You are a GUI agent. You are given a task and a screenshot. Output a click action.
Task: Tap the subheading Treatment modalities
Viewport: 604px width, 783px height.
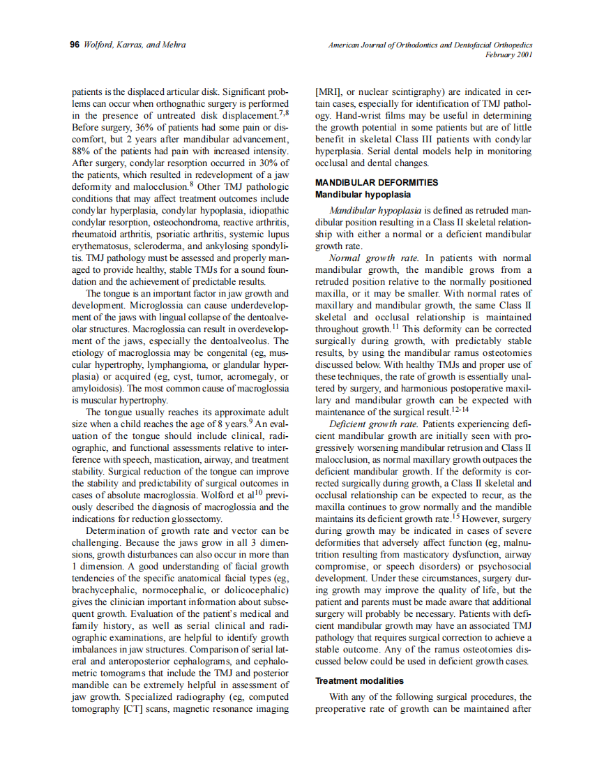point(359,680)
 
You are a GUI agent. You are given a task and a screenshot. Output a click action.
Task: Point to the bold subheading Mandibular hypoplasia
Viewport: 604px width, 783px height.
point(363,195)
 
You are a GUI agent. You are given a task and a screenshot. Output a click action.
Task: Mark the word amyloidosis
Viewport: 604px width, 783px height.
point(96,389)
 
